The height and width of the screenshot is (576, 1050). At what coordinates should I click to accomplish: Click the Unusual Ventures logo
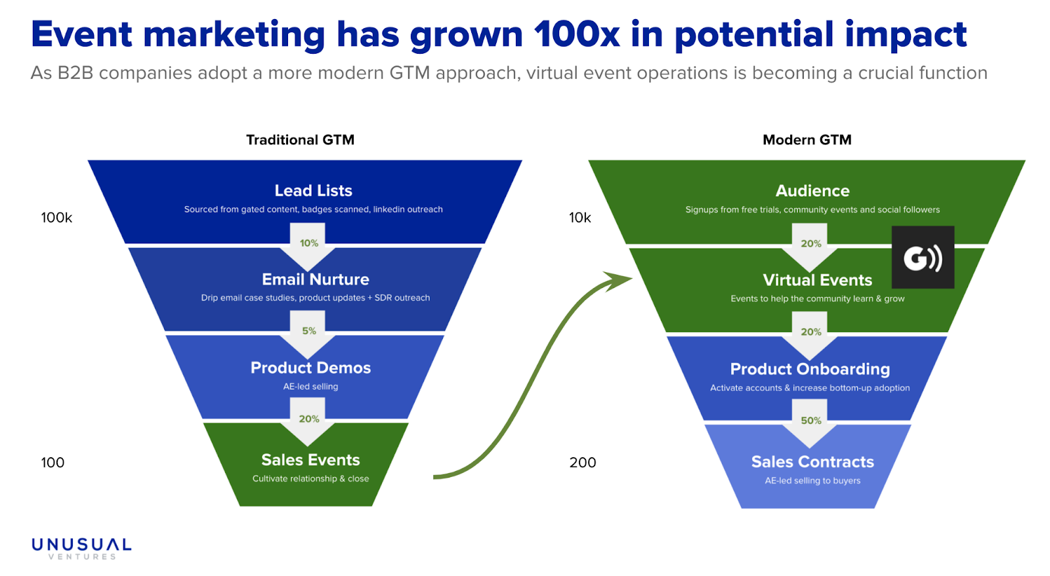(81, 548)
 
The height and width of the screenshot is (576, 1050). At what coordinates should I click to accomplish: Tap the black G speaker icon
(923, 257)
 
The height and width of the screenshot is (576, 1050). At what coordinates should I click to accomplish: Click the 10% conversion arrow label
(309, 243)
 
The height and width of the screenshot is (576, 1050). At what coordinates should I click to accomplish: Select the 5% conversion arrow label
(309, 331)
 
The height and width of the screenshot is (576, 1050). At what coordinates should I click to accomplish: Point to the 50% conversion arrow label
(811, 421)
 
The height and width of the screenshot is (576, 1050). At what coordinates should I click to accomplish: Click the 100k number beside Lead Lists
(56, 217)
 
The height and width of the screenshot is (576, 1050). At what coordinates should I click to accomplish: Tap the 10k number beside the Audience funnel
(580, 217)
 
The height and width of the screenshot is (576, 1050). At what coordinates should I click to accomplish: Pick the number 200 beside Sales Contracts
(583, 463)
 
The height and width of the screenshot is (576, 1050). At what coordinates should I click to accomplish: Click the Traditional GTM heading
(300, 140)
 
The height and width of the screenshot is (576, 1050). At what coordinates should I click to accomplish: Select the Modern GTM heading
(807, 140)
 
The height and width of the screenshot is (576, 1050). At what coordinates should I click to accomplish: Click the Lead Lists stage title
(313, 190)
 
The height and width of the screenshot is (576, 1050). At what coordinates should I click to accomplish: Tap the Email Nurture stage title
(316, 279)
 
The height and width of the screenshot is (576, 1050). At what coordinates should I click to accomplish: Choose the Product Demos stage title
(310, 367)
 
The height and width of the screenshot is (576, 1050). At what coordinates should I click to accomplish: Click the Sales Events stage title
(310, 460)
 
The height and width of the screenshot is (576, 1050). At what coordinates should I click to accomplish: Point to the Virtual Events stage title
(818, 279)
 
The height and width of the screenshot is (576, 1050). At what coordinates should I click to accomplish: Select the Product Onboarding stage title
(810, 369)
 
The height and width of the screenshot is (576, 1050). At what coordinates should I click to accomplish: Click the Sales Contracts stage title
(812, 462)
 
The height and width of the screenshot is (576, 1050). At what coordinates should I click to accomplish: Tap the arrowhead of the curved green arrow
(619, 280)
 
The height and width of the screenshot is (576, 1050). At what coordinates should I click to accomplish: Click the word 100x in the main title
(576, 34)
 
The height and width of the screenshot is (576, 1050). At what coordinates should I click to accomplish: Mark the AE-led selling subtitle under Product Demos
(310, 386)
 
